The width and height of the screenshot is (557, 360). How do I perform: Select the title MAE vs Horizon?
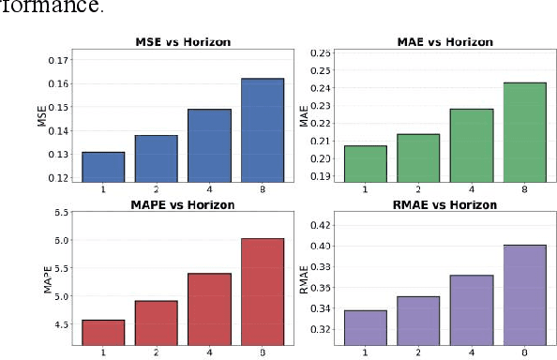437,41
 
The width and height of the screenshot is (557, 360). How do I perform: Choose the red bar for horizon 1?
102,332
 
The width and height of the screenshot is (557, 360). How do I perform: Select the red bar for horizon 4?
208,309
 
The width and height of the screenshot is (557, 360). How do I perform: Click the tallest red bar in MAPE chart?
262,292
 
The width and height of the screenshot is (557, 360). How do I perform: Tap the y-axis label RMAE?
303,280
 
